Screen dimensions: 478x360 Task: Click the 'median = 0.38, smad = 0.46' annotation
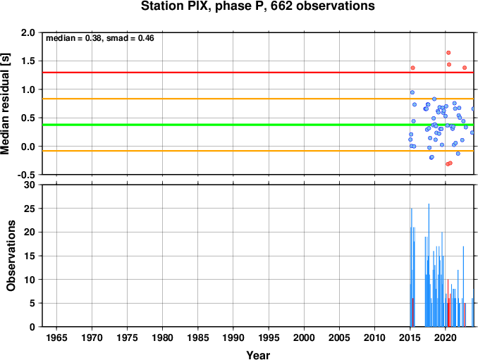pos(100,38)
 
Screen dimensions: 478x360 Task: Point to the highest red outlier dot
pos(448,53)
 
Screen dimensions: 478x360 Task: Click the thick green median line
pos(258,125)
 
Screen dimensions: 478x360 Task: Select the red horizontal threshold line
pos(258,73)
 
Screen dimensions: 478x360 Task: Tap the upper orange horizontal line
pos(258,99)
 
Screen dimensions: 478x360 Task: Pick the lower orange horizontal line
pos(258,151)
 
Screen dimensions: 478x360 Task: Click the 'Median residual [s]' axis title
pos(5,104)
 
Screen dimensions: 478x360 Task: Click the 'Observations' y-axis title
pos(11,256)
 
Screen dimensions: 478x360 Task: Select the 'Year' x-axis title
pos(258,355)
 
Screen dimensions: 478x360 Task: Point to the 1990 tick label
pos(233,337)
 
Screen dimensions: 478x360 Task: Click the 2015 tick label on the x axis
pos(410,337)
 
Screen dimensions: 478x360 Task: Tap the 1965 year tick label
pos(56,337)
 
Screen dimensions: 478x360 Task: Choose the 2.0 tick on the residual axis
pos(27,32)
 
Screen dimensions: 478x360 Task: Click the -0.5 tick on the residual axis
pos(26,175)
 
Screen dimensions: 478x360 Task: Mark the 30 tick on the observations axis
pos(30,185)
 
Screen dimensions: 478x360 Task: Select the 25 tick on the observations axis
pos(30,209)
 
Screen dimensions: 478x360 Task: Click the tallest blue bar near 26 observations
pos(429,265)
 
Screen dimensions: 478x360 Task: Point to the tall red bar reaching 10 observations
pos(448,303)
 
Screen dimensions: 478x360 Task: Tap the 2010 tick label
pos(374,337)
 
